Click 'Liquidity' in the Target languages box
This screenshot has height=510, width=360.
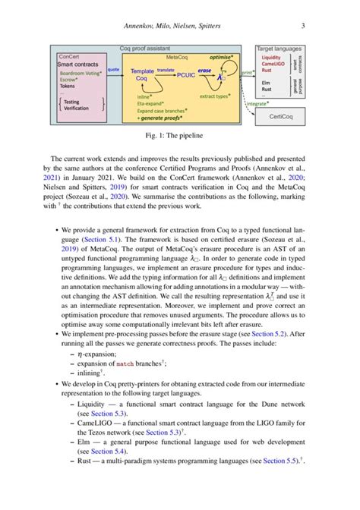(x=273, y=58)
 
